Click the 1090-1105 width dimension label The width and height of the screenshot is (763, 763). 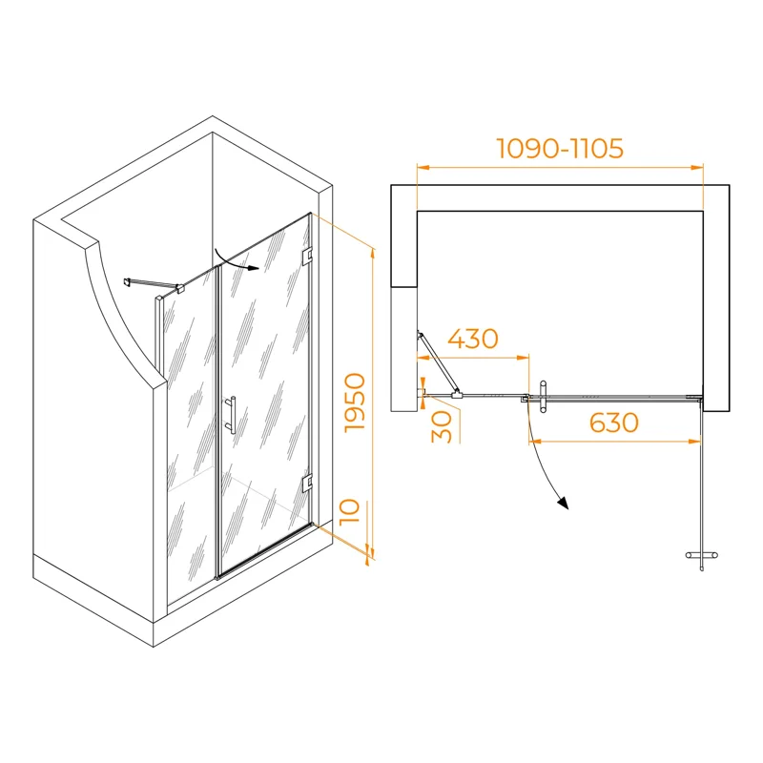560,148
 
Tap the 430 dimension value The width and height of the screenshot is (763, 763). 473,339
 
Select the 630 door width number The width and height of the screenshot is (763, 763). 613,423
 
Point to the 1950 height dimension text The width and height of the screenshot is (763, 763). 355,402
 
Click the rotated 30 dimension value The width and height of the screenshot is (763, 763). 442,426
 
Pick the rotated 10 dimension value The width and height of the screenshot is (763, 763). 349,511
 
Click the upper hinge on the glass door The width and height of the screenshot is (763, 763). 307,256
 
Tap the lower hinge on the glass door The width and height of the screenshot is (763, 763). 307,483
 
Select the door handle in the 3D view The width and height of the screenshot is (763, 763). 231,414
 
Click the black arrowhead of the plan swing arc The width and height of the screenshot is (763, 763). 564,504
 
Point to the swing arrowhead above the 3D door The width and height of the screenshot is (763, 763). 253,267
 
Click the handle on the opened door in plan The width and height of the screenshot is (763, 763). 701,555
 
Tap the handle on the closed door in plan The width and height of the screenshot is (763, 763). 543,397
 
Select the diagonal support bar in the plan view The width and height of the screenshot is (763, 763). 437,361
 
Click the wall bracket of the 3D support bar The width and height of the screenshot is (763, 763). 128,281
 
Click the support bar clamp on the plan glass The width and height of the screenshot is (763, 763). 457,395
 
